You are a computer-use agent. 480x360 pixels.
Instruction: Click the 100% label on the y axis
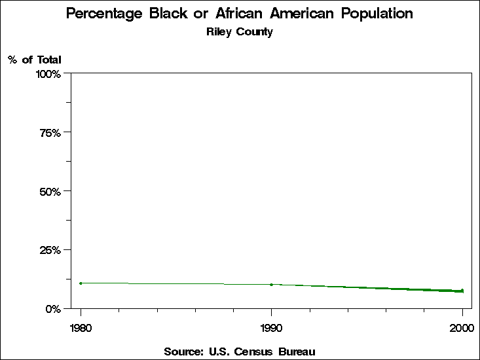point(48,74)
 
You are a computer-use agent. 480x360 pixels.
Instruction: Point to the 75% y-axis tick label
point(50,133)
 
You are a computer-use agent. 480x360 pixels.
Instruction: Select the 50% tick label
point(50,191)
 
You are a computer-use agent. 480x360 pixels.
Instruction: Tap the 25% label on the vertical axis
point(50,250)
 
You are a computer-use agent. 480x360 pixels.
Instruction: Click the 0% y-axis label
point(53,308)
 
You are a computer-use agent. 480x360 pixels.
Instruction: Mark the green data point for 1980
point(81,283)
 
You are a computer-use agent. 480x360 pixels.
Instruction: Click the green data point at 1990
point(271,285)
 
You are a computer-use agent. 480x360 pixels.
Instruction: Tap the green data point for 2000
point(462,291)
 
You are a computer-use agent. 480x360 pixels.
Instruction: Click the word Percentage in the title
point(106,14)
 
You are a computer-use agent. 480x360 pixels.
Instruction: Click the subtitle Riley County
point(239,32)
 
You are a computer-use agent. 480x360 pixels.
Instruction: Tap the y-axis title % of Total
point(35,60)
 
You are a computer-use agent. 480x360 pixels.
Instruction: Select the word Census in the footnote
point(253,351)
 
